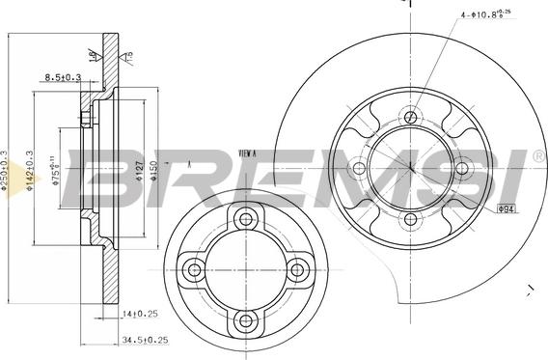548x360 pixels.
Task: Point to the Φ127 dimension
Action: click(x=140, y=171)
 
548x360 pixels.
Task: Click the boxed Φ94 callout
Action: click(x=507, y=208)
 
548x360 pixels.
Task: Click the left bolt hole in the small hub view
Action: click(x=194, y=269)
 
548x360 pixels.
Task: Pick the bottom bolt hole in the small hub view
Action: click(x=245, y=319)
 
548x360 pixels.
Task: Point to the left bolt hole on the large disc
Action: click(x=360, y=169)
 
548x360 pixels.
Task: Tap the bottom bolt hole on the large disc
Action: click(x=411, y=219)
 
